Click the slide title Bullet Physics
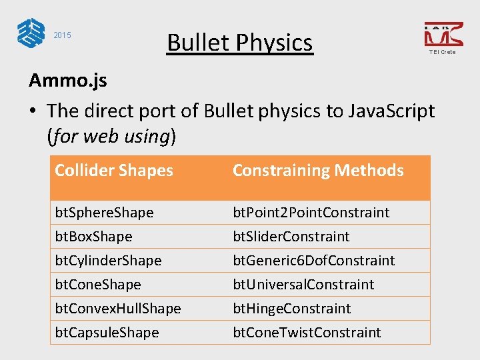pyautogui.click(x=239, y=43)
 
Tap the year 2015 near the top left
pyautogui.click(x=62, y=35)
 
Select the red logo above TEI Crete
pyautogui.click(x=443, y=33)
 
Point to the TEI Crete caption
pyautogui.click(x=442, y=52)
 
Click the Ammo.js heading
pyautogui.click(x=67, y=81)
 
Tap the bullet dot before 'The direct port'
pyautogui.click(x=33, y=111)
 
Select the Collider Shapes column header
pyautogui.click(x=114, y=171)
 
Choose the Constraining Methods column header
pyautogui.click(x=318, y=171)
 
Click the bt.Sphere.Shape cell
pyautogui.click(x=104, y=213)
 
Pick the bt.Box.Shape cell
pyautogui.click(x=93, y=237)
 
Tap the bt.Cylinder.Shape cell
pyautogui.click(x=108, y=261)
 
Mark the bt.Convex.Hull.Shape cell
pyautogui.click(x=118, y=309)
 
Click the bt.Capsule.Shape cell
pyautogui.click(x=107, y=333)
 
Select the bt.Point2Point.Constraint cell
pyautogui.click(x=311, y=213)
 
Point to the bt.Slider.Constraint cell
pyautogui.click(x=291, y=237)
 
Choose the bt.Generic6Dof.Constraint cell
pyautogui.click(x=313, y=261)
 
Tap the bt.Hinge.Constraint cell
pyautogui.click(x=291, y=309)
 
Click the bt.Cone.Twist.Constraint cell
pyautogui.click(x=307, y=333)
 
